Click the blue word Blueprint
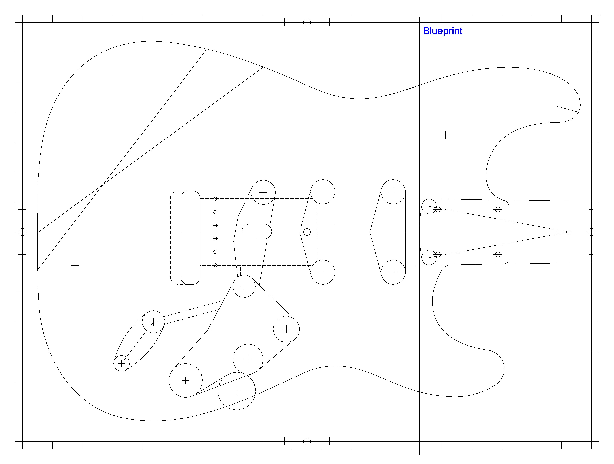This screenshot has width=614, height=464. click(442, 31)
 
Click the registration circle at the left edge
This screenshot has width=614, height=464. click(22, 232)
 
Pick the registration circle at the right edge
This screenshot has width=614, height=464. click(591, 232)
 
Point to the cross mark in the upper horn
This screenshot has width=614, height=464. click(445, 135)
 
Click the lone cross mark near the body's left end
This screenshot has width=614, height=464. click(75, 266)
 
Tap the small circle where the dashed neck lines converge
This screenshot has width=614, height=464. click(569, 232)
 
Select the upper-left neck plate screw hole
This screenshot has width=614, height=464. click(438, 209)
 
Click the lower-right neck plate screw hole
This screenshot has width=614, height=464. click(498, 254)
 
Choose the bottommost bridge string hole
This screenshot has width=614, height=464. click(215, 265)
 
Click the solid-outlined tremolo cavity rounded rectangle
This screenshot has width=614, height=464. click(190, 237)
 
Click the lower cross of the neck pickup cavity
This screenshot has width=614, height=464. click(393, 272)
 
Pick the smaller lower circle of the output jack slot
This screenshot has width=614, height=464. click(122, 363)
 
